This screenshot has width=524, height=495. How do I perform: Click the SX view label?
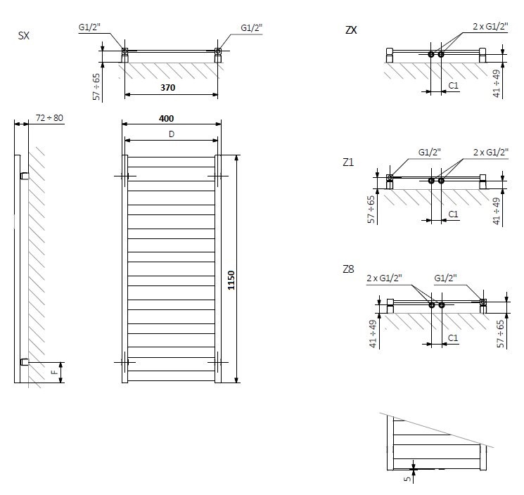(x=23, y=35)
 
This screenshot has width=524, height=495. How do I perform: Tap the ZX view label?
(x=351, y=30)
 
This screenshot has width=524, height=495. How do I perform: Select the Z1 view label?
(x=348, y=162)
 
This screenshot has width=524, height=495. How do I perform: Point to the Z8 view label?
(x=348, y=270)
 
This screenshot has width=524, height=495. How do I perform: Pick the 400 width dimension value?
(x=167, y=119)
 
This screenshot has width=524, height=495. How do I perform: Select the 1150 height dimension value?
(x=231, y=281)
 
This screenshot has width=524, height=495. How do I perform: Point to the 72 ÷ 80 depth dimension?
(x=49, y=119)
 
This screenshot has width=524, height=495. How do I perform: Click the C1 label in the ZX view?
(x=454, y=85)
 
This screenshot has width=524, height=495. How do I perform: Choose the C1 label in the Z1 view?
(x=454, y=214)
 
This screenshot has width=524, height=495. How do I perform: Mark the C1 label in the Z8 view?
(x=454, y=338)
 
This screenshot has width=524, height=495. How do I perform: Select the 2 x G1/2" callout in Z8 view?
(x=383, y=278)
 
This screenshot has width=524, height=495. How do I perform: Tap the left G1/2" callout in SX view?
(x=90, y=28)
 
